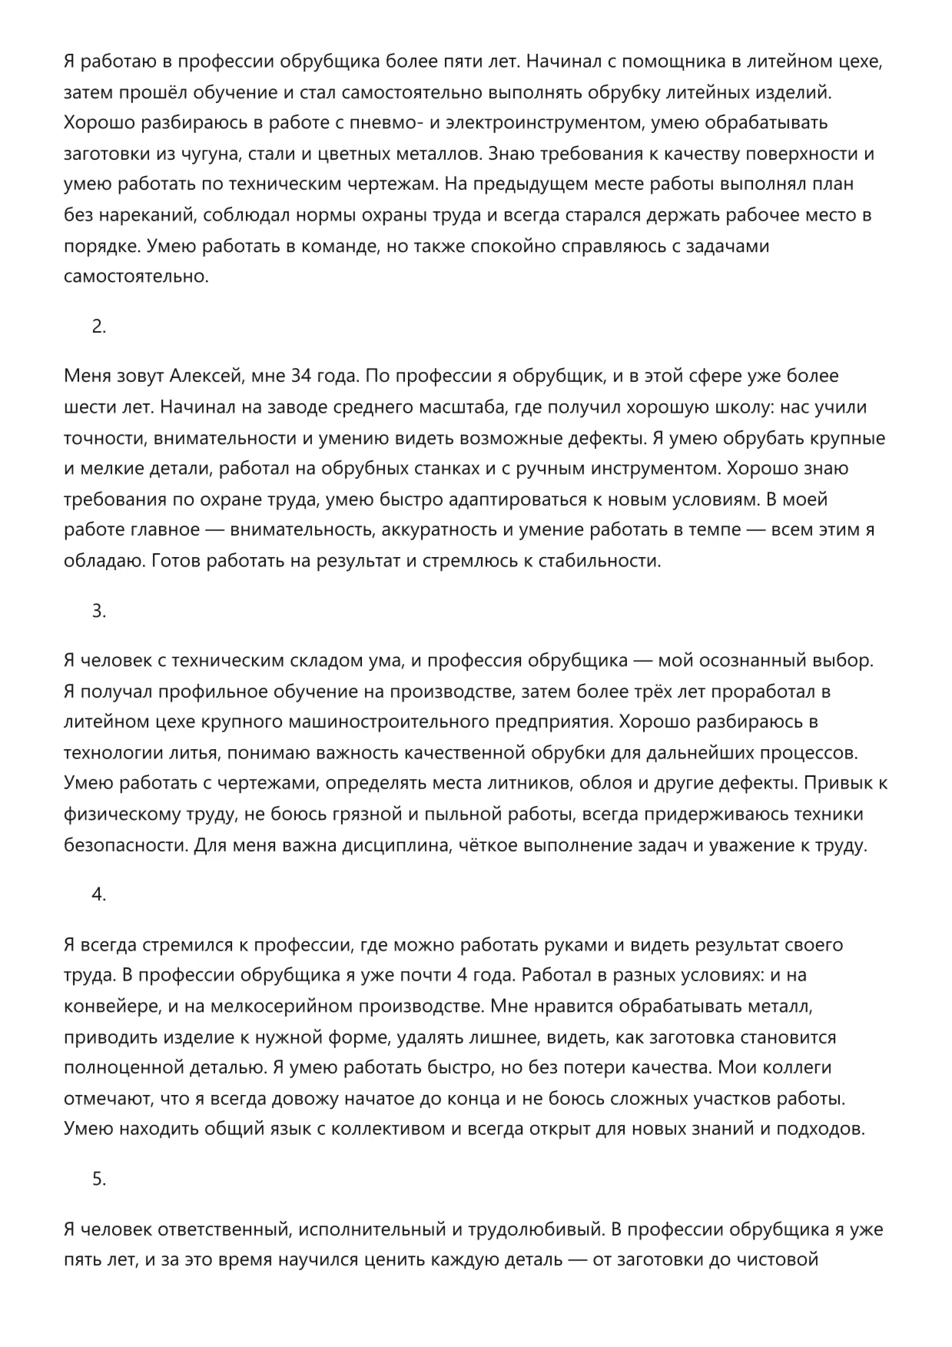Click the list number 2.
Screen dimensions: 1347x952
pos(98,327)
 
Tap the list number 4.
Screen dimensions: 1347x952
pos(98,895)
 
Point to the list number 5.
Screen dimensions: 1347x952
pos(98,1179)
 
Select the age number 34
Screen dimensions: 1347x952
pos(302,377)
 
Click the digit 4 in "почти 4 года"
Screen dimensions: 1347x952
pos(462,976)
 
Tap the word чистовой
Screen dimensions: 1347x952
pos(777,1260)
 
